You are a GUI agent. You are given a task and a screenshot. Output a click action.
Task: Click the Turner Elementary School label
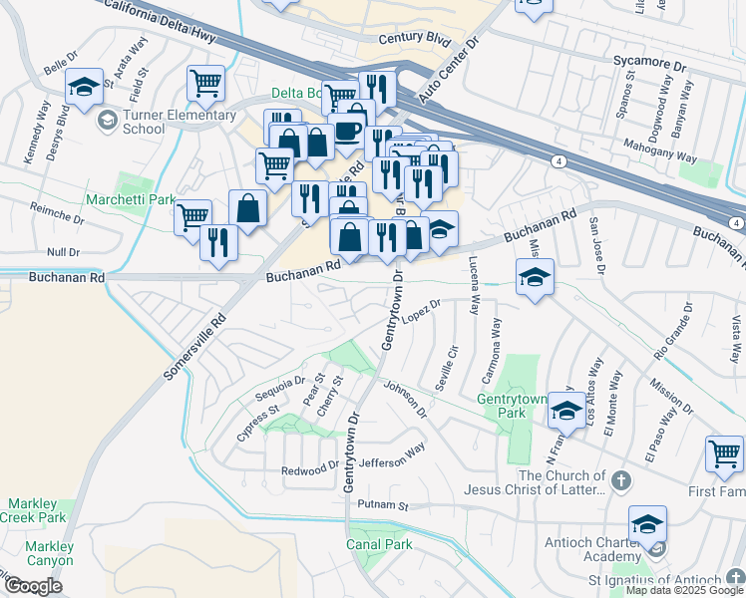pyautogui.click(x=143, y=122)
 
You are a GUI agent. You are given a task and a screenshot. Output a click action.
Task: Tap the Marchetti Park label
pyautogui.click(x=130, y=200)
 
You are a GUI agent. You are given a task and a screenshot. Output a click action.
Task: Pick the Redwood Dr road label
pyautogui.click(x=310, y=467)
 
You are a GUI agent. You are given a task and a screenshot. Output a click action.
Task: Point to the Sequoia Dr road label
pyautogui.click(x=279, y=387)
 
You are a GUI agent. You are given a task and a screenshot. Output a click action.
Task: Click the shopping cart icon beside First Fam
pyautogui.click(x=724, y=454)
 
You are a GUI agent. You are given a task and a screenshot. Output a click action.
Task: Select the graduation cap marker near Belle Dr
pyautogui.click(x=84, y=88)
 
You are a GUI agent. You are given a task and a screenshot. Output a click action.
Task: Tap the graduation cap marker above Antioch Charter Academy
pyautogui.click(x=647, y=524)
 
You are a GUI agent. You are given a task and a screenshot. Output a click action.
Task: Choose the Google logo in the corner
pyautogui.click(x=33, y=586)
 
